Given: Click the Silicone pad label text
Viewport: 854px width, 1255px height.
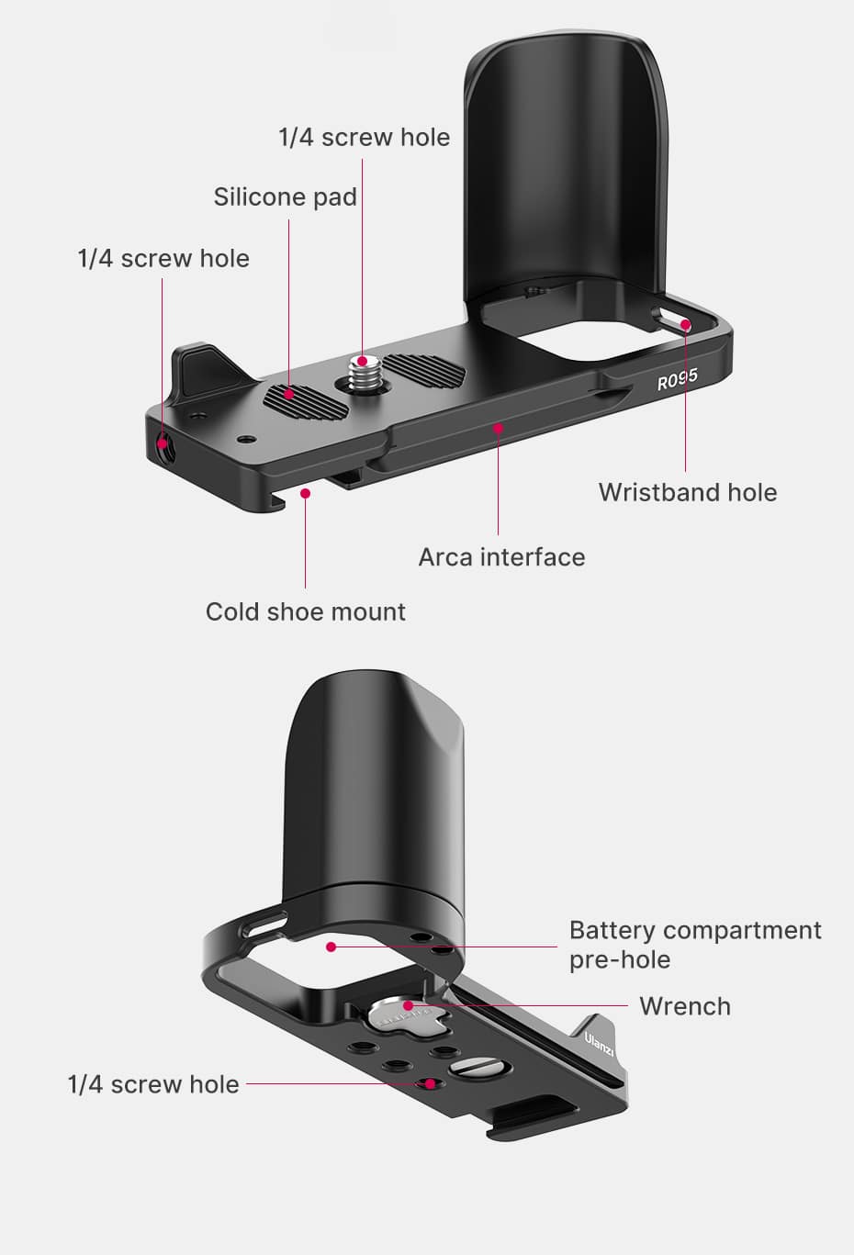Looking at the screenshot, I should pos(285,197).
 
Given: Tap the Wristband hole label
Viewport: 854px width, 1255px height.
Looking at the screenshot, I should pos(687,492).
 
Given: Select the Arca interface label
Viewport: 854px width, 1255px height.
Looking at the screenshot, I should pos(501,557).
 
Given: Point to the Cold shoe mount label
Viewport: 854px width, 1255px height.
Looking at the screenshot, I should pos(305,612).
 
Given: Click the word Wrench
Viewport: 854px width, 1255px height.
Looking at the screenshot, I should pos(685,1006).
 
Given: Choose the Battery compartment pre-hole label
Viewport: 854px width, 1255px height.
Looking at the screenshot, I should pos(694,945).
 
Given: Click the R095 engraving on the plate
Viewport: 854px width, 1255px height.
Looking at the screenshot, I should pos(677,379).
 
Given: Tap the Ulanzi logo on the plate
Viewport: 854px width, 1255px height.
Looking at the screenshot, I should pos(599,1043).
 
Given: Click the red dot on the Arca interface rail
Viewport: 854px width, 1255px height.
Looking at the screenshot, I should pos(498,427).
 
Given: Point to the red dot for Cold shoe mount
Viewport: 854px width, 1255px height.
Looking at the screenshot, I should pos(306,493).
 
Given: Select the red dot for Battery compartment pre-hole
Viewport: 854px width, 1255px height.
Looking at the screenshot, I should pos(331,946).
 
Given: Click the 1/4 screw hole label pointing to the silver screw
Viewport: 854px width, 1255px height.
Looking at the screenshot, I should pos(364,138).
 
